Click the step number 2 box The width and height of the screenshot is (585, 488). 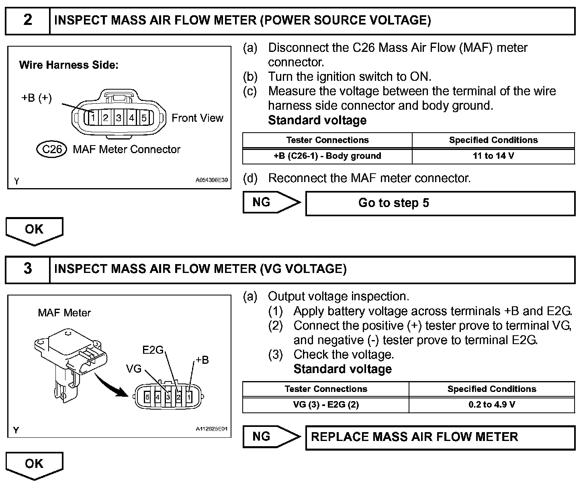pyautogui.click(x=27, y=20)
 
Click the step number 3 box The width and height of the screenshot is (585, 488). pyautogui.click(x=27, y=269)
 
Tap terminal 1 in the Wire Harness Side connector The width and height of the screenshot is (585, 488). pyautogui.click(x=93, y=118)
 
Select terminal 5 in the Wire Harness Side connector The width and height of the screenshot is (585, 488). pyautogui.click(x=144, y=118)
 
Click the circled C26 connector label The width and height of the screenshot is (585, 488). pyautogui.click(x=51, y=150)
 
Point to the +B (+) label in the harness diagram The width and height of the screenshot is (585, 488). pyautogui.click(x=36, y=98)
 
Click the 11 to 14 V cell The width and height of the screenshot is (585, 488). pyautogui.click(x=493, y=156)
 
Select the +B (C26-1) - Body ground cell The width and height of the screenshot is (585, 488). pyautogui.click(x=327, y=156)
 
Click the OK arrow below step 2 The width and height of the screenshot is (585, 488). pyautogui.click(x=34, y=230)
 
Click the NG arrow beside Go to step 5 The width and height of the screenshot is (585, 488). pyautogui.click(x=271, y=202)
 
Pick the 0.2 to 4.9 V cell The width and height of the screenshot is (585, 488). pyautogui.click(x=492, y=404)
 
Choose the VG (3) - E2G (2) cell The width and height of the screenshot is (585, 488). pyautogui.click(x=325, y=404)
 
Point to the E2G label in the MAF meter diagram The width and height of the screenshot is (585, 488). pyautogui.click(x=153, y=350)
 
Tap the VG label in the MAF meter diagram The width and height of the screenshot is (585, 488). pyautogui.click(x=134, y=368)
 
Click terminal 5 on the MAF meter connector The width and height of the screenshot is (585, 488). pyautogui.click(x=147, y=397)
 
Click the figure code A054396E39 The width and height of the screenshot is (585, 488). pyautogui.click(x=211, y=180)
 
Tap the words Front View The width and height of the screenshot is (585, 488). pyautogui.click(x=197, y=118)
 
